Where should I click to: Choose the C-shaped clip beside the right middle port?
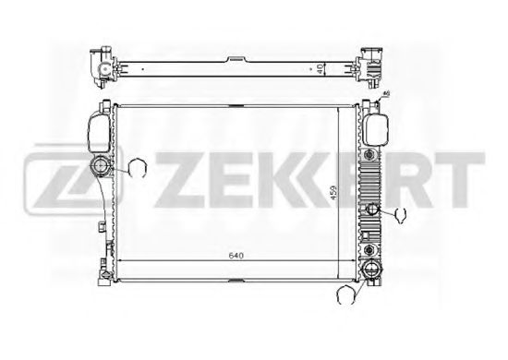point(401,216)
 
